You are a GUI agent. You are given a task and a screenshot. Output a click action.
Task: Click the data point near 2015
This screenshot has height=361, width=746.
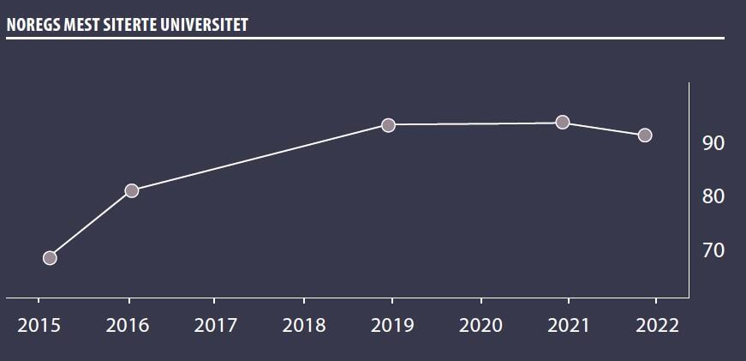click(50, 258)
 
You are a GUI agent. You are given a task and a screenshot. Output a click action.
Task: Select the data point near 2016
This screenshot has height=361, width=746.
click(132, 190)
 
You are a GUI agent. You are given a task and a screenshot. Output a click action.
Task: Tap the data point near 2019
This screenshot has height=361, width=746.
click(388, 125)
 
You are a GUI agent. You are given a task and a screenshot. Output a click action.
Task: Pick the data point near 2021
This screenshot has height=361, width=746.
click(563, 123)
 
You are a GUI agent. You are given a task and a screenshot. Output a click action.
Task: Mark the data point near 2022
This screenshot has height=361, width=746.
click(645, 135)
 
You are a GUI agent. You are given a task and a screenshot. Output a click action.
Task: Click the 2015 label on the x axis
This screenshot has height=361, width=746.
click(38, 326)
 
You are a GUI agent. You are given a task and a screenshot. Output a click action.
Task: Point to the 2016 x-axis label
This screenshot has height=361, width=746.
click(128, 326)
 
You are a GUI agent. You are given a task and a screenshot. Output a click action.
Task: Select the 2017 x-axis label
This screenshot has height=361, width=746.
click(215, 326)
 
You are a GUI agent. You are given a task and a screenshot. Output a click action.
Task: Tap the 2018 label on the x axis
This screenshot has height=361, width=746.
click(303, 326)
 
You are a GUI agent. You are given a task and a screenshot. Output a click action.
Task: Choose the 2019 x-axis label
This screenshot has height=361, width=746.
click(392, 326)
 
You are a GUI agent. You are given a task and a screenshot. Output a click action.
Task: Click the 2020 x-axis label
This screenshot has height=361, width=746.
click(480, 326)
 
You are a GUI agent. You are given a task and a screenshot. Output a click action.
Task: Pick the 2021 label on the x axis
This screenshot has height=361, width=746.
click(569, 326)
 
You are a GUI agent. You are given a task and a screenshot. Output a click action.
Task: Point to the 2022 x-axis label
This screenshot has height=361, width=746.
click(657, 326)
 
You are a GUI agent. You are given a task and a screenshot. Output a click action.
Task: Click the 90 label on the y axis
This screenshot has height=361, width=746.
click(713, 143)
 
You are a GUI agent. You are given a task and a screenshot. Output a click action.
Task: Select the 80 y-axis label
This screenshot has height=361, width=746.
click(713, 197)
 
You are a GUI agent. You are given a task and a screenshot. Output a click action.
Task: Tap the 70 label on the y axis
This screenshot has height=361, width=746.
click(713, 250)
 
